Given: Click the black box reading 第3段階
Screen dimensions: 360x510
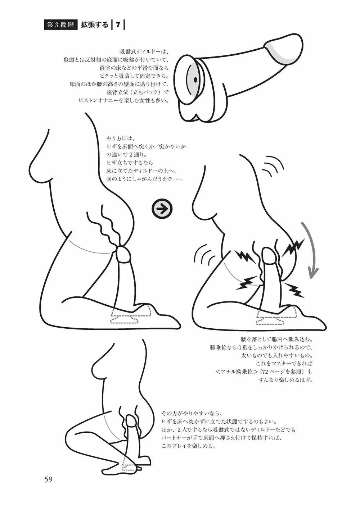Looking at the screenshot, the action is [x=60, y=25].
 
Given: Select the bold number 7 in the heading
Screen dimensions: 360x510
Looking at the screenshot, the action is [x=118, y=25].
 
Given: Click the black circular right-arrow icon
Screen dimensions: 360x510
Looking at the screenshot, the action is [x=162, y=209].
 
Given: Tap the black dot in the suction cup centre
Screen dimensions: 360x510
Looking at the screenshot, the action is [x=195, y=79].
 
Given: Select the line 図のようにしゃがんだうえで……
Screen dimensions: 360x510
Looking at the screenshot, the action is [x=145, y=179].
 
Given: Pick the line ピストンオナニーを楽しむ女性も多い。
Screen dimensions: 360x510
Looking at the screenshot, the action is [x=123, y=100].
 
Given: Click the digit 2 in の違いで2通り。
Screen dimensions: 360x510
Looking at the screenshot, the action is [x=131, y=155].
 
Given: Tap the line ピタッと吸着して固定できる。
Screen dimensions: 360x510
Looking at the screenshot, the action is [x=134, y=76].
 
